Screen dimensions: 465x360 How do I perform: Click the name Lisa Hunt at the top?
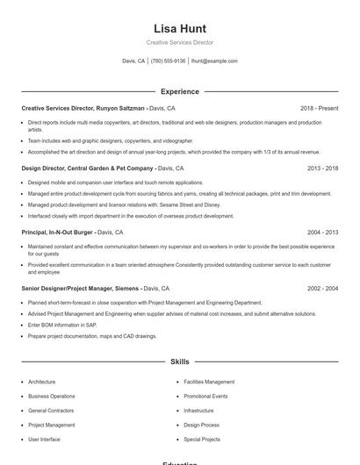[179, 28]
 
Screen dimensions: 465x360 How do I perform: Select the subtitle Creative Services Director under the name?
[179, 42]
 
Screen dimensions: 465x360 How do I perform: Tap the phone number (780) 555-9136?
[168, 61]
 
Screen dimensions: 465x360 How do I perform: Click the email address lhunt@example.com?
[214, 61]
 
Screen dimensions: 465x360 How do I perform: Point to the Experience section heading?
[179, 91]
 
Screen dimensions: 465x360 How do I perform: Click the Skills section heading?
[179, 361]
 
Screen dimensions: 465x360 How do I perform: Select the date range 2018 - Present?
[319, 108]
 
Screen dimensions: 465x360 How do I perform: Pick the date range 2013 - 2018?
[322, 168]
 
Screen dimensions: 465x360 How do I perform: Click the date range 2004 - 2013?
[322, 232]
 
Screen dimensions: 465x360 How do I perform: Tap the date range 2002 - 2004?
[322, 288]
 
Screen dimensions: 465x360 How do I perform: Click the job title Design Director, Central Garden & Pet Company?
[88, 168]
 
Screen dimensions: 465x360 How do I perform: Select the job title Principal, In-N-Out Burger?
[58, 232]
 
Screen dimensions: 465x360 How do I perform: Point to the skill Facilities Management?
[209, 382]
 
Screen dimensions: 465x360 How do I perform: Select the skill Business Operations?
[51, 396]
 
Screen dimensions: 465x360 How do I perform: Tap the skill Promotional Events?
[205, 396]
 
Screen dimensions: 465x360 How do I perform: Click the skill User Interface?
[44, 439]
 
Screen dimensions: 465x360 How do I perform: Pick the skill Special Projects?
[202, 439]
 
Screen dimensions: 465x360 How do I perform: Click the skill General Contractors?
[50, 411]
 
